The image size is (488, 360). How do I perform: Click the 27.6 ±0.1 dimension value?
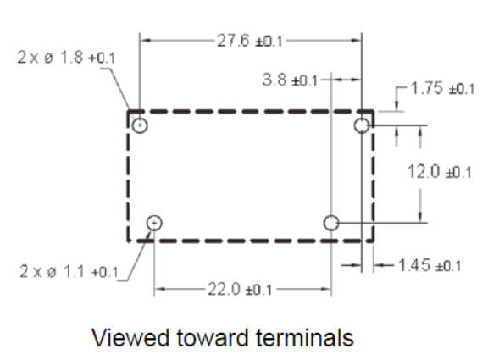[x=250, y=41]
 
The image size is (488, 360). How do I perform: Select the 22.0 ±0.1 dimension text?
[x=240, y=290]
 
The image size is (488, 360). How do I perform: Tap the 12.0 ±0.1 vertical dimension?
[x=440, y=172]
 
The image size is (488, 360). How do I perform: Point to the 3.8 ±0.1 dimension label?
[x=290, y=80]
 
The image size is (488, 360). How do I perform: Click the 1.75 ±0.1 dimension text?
[x=443, y=88]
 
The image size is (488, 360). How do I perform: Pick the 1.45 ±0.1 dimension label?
[x=430, y=265]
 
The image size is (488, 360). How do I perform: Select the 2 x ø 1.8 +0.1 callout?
[x=66, y=58]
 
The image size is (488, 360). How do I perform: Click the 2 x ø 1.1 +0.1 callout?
[x=69, y=272]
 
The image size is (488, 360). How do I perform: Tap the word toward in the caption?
[x=213, y=338]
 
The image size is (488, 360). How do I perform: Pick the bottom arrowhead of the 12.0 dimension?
[x=420, y=217]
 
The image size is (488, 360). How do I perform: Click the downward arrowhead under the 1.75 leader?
[x=396, y=106]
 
